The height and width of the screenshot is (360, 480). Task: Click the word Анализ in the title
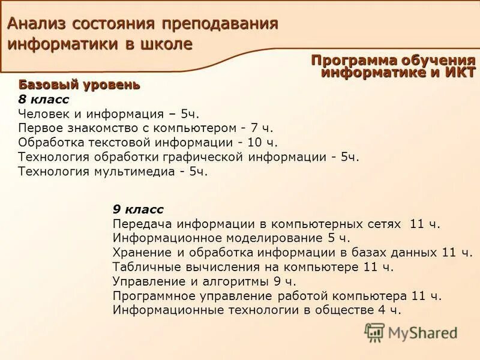point(38,24)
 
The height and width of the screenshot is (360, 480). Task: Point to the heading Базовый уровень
point(79,85)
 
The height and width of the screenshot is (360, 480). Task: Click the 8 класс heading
point(44,99)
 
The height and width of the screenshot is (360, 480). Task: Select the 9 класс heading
point(138,209)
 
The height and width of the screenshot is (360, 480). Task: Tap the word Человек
point(44,113)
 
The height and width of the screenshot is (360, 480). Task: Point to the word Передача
point(139,224)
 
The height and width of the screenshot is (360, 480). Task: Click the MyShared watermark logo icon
point(374,332)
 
